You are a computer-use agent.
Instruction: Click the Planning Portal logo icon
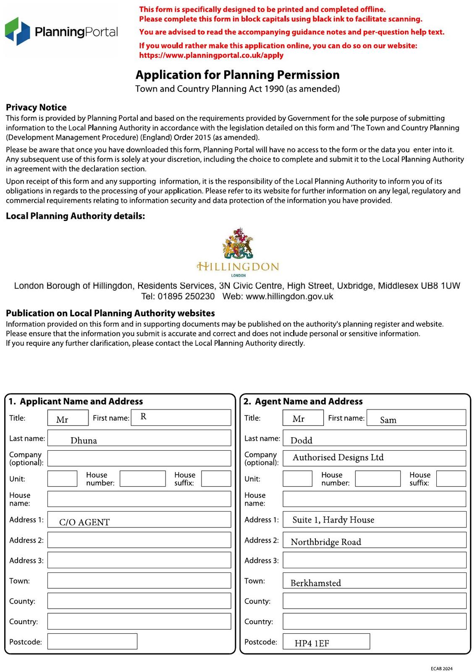pyautogui.click(x=17, y=31)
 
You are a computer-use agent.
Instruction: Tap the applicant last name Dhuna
pyautogui.click(x=84, y=440)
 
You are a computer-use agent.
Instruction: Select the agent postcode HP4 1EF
pyautogui.click(x=312, y=643)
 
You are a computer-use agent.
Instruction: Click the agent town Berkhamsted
pyautogui.click(x=315, y=583)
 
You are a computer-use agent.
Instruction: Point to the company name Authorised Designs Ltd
pyautogui.click(x=338, y=457)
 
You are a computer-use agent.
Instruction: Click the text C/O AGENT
pyautogui.click(x=84, y=522)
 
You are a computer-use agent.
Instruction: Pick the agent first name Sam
pyautogui.click(x=388, y=420)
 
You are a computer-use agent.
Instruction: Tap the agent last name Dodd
pyautogui.click(x=302, y=440)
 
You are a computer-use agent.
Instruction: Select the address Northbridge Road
pyautogui.click(x=326, y=542)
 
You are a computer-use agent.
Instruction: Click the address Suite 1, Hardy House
pyautogui.click(x=333, y=520)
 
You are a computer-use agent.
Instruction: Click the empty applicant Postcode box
pyautogui.click(x=92, y=641)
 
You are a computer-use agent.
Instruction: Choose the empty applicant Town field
pyautogui.click(x=139, y=580)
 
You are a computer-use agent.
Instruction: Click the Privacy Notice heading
pyautogui.click(x=36, y=107)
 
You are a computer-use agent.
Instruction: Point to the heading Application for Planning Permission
pyautogui.click(x=237, y=75)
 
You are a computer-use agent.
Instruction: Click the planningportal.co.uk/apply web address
pyautogui.click(x=211, y=55)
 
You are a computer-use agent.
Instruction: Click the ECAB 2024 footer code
pyautogui.click(x=441, y=669)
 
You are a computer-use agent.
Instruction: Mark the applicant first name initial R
pyautogui.click(x=143, y=417)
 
